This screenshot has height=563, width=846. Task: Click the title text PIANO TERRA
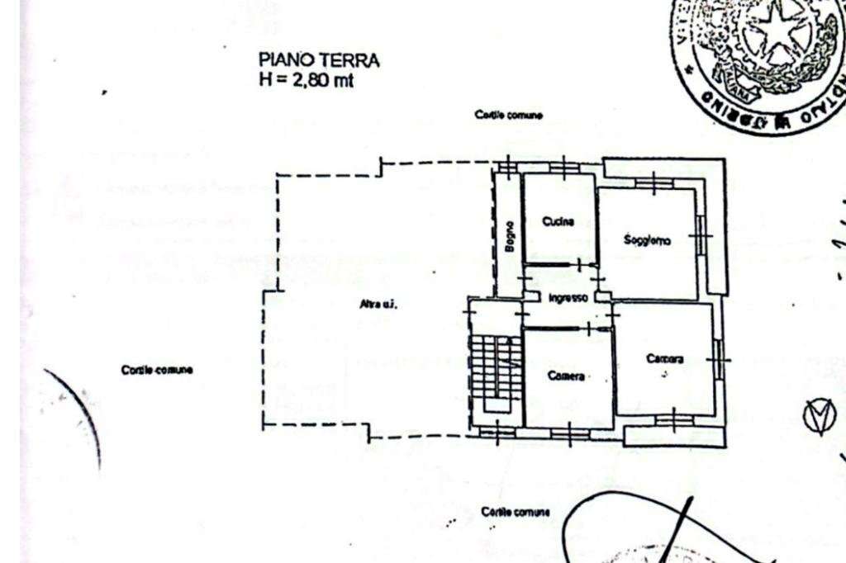coord(319,60)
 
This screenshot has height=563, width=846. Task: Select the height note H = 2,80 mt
coord(307,80)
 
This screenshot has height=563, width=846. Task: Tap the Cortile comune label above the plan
coord(508,116)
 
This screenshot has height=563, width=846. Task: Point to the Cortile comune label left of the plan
coord(157,370)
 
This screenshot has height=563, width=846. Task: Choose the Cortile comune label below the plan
coord(516,513)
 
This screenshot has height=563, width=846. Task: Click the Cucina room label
coord(558,220)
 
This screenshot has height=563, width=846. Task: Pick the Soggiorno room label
coord(648,240)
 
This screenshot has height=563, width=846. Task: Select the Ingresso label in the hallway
coord(568,297)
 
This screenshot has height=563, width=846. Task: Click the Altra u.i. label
coord(378,305)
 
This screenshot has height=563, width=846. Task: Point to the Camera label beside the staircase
coord(566,376)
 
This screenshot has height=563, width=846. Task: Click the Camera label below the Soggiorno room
coord(664,359)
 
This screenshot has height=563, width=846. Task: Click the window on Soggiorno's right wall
coord(701,239)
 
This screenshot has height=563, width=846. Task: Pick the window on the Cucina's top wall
coord(562,169)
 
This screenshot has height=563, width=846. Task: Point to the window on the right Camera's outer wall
coord(720,360)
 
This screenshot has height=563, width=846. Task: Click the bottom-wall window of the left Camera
coord(568,432)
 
